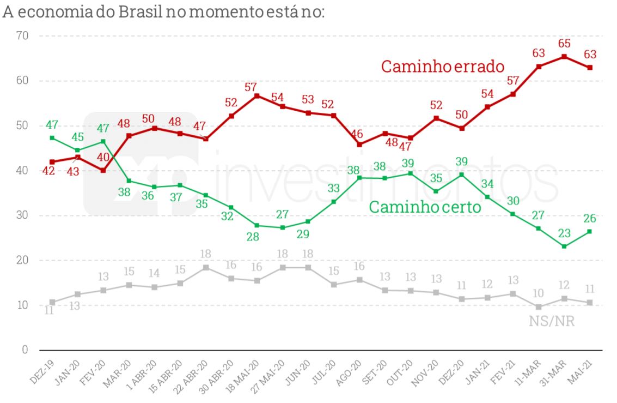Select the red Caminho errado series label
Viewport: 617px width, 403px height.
443,67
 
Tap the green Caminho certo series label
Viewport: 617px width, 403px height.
425,207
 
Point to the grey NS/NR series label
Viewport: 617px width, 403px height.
552,321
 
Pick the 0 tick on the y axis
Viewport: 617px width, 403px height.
25,350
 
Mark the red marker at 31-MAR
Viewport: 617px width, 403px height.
564,57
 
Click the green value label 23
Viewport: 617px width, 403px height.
564,233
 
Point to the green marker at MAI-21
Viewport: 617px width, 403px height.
590,232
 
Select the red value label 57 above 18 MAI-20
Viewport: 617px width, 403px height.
257,87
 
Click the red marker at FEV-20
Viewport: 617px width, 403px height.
103,170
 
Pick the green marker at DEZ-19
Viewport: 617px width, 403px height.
52,138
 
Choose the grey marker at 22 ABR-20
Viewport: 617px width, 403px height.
206,267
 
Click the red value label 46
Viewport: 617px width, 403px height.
359,133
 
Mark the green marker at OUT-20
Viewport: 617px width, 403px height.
411,173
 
